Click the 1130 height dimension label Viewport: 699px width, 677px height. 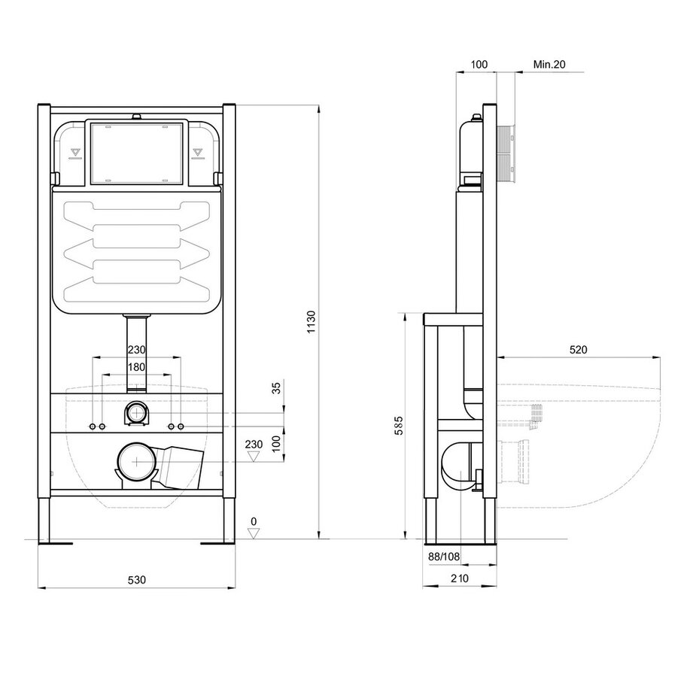click(312, 322)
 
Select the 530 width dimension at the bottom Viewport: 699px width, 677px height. click(137, 580)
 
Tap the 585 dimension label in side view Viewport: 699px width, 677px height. click(399, 426)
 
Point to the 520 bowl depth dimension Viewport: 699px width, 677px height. click(578, 350)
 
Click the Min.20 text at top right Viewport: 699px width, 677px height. click(549, 64)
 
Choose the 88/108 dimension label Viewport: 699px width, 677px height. click(444, 556)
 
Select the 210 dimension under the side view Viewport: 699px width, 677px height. click(460, 578)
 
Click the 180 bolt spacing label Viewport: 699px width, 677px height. click(136, 367)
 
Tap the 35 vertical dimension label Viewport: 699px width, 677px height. click(277, 387)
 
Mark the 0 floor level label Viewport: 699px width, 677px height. click(254, 521)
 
